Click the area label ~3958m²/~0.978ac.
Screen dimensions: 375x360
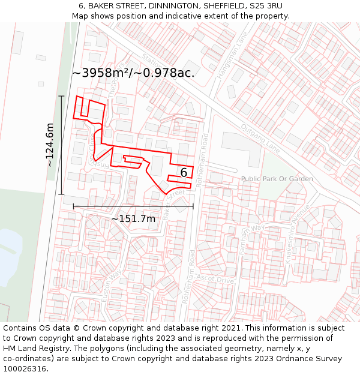tap(133, 73)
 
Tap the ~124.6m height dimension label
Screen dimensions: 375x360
tap(50, 145)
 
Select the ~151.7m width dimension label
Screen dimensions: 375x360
tap(133, 218)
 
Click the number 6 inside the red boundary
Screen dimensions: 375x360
tap(184, 173)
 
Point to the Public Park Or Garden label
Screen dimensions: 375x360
tap(277, 179)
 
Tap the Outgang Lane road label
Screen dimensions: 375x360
tap(260, 138)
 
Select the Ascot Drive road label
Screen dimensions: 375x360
tap(217, 280)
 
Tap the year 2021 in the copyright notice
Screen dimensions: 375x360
tap(228, 328)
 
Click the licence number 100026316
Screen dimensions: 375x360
tap(26, 368)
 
